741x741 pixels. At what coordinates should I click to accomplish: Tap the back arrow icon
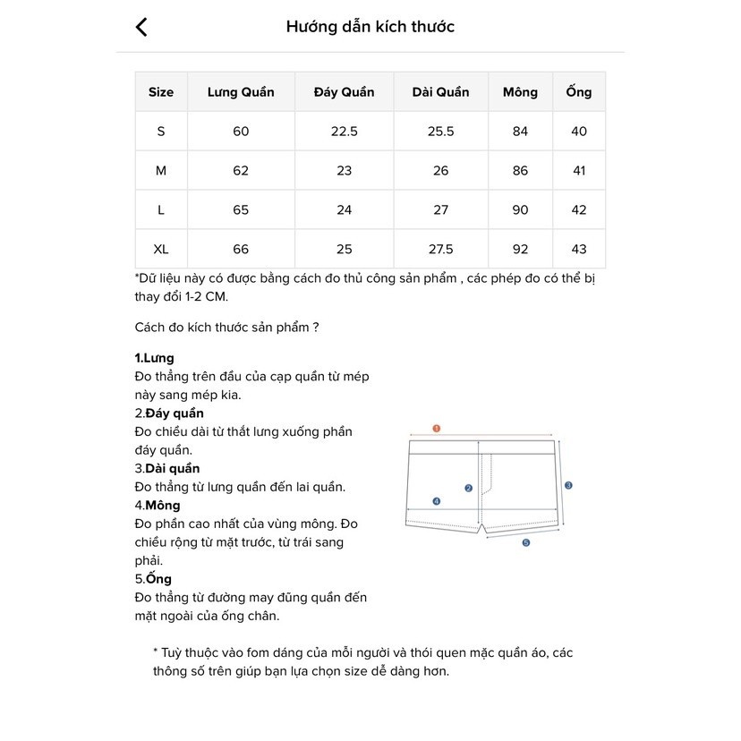[x=141, y=27]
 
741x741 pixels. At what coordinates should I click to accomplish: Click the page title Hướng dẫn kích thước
[x=370, y=27]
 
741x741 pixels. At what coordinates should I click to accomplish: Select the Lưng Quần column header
[x=241, y=92]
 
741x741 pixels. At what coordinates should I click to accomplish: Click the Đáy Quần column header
[x=345, y=92]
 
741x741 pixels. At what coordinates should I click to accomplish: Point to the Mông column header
[x=520, y=92]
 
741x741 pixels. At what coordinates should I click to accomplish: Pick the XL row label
[x=161, y=249]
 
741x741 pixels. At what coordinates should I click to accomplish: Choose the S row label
[x=161, y=132]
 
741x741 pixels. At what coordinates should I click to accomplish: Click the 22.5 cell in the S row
[x=345, y=132]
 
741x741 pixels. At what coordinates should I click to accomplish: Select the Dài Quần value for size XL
[x=440, y=249]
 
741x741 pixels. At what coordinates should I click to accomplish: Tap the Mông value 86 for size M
[x=520, y=170]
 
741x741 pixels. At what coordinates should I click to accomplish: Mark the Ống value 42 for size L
[x=579, y=209]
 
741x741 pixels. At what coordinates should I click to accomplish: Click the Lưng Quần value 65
[x=241, y=209]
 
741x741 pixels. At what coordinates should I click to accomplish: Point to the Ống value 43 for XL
[x=579, y=249]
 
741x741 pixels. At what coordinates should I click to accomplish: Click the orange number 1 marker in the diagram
[x=437, y=429]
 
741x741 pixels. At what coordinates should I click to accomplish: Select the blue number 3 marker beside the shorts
[x=568, y=485]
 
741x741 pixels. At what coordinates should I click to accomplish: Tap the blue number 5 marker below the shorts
[x=526, y=542]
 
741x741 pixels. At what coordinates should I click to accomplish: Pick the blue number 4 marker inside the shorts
[x=437, y=502]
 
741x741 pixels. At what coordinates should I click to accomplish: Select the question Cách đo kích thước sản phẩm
[x=226, y=328]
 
